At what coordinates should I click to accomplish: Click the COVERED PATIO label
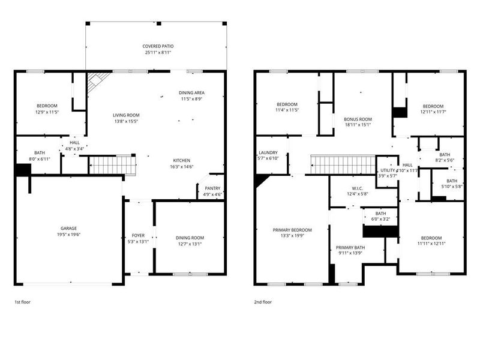158,46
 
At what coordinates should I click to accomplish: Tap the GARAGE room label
68,228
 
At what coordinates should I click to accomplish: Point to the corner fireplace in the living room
96,80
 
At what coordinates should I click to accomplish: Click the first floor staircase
110,164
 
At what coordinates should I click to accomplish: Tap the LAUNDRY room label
268,152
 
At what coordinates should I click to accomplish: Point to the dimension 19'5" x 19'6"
68,234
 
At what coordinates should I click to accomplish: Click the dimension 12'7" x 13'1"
190,244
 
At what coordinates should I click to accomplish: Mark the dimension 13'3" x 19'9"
293,236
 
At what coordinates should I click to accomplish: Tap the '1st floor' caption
22,302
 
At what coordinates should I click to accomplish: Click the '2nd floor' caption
262,302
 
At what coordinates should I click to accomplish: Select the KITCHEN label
182,160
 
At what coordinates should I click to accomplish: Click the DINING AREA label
192,92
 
